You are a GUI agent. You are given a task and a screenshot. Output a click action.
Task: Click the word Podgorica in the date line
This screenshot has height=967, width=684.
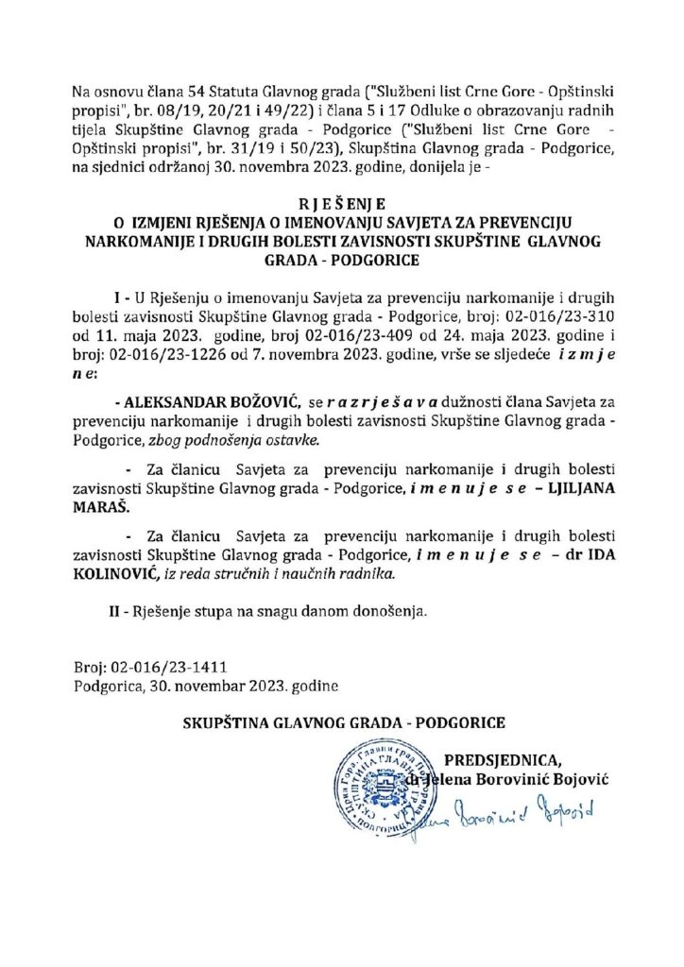(x=106, y=685)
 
